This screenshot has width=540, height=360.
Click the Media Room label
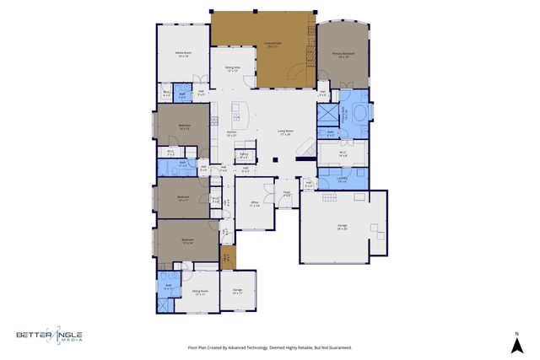point(182,54)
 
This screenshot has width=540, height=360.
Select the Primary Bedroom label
point(342,56)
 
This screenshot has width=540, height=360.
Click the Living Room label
point(285,132)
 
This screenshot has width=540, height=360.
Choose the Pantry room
point(244,155)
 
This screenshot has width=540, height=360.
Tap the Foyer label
point(287,194)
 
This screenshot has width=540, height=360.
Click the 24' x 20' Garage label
point(343,228)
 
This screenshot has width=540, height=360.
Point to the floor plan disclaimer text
point(269,347)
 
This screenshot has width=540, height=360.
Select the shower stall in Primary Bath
point(326,114)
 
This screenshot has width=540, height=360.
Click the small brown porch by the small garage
point(226,256)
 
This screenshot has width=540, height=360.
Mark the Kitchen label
point(231,132)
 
